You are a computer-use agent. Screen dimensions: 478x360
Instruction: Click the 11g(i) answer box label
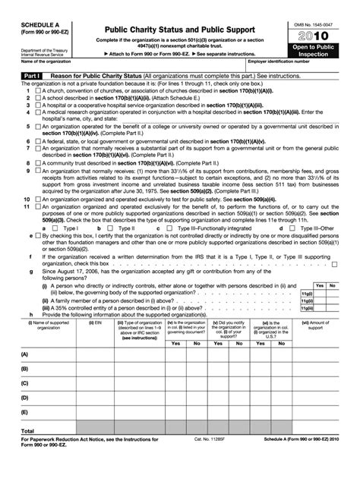[x=307, y=292]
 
